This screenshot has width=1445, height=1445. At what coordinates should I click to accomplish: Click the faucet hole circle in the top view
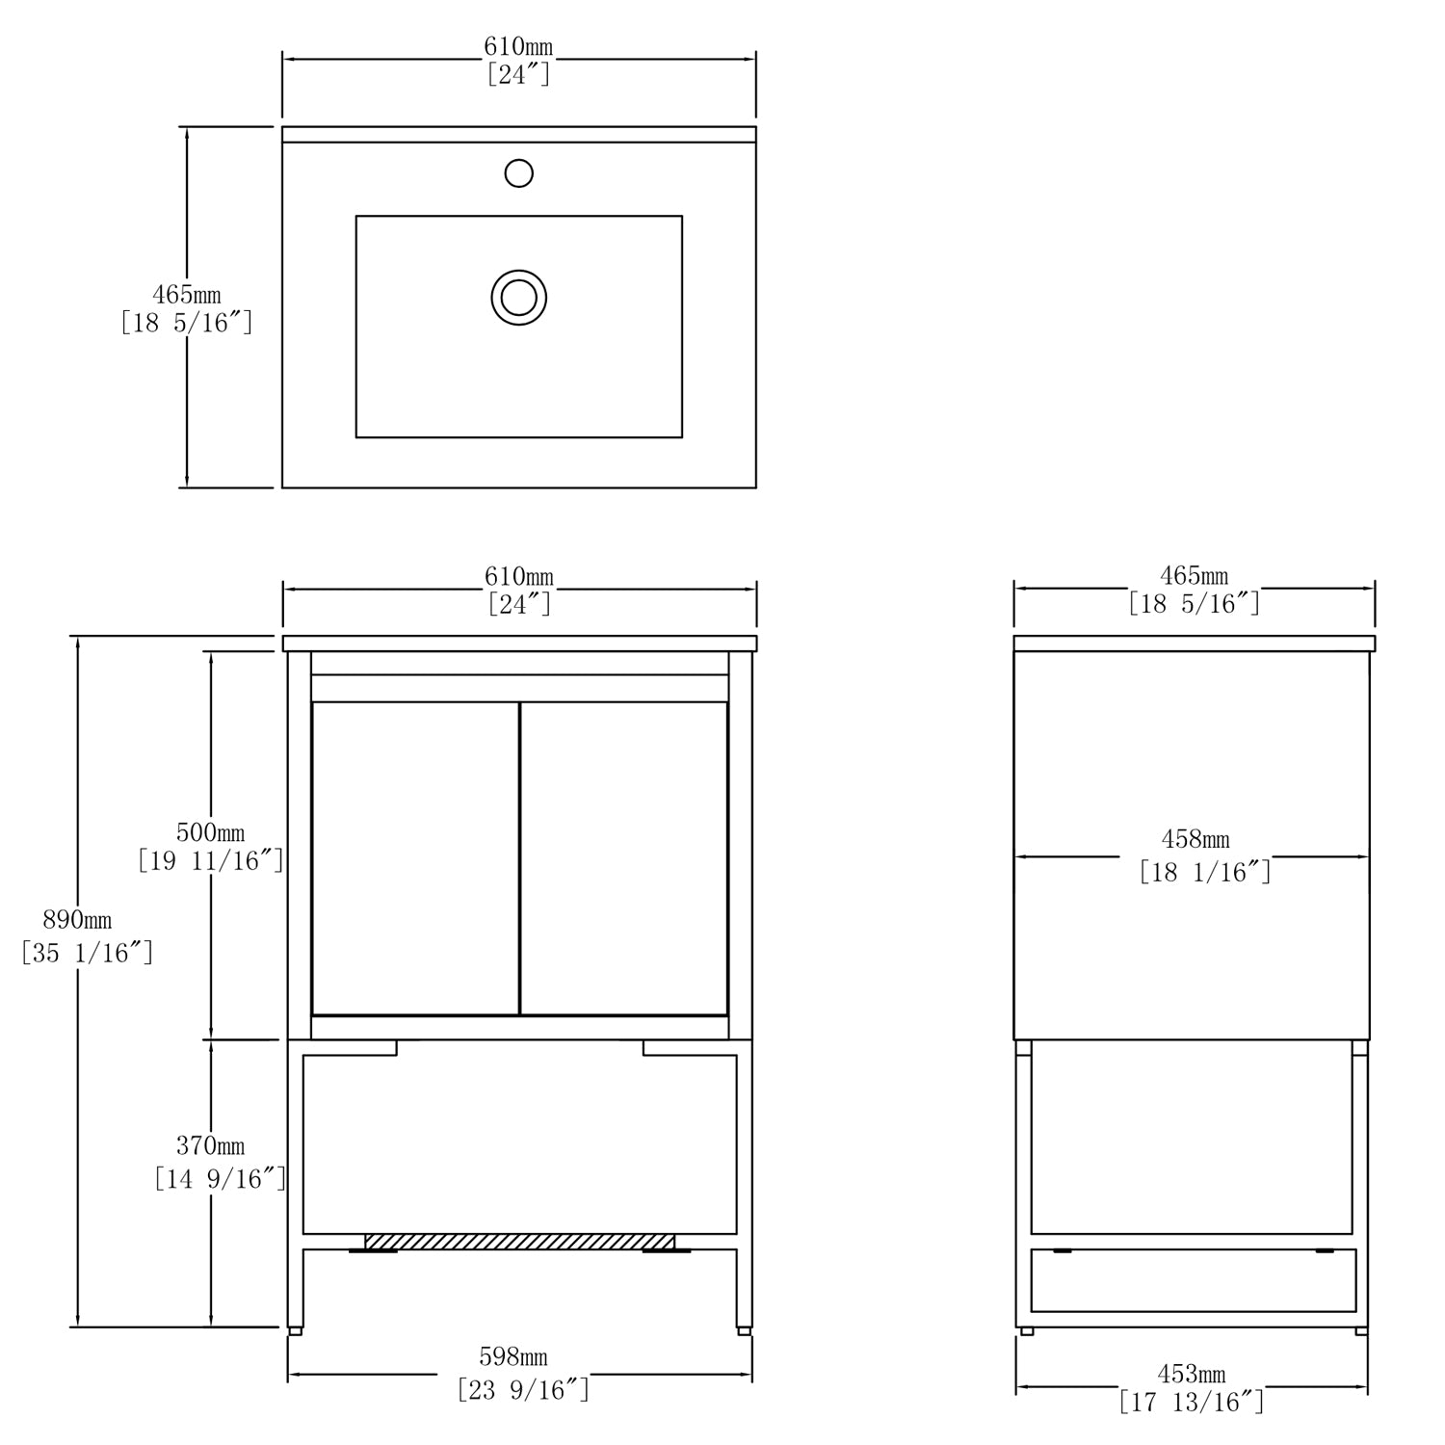pyautogui.click(x=519, y=173)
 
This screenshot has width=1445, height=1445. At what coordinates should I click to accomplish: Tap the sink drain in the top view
pyautogui.click(x=519, y=297)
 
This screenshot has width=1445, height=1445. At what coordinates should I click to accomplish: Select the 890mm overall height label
pyautogui.click(x=77, y=920)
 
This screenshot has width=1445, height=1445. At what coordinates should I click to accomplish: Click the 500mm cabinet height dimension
pyautogui.click(x=210, y=832)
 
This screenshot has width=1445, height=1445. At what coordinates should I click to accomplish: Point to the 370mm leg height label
pyautogui.click(x=210, y=1146)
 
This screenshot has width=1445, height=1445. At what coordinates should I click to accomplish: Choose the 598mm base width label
pyautogui.click(x=513, y=1357)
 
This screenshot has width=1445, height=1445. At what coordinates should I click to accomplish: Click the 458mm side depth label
pyautogui.click(x=1195, y=840)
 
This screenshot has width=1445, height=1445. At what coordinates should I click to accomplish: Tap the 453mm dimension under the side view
pyautogui.click(x=1191, y=1374)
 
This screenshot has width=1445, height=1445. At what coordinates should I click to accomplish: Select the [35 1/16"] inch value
pyautogui.click(x=88, y=954)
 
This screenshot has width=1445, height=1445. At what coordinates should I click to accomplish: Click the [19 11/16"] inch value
pyautogui.click(x=211, y=861)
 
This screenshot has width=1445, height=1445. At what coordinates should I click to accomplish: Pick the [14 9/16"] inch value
pyautogui.click(x=221, y=1178)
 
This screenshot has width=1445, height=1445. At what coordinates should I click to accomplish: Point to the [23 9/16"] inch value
pyautogui.click(x=523, y=1390)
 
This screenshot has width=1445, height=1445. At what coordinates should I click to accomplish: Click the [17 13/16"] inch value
pyautogui.click(x=1192, y=1403)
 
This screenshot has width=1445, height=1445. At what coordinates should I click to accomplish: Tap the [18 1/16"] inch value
pyautogui.click(x=1205, y=873)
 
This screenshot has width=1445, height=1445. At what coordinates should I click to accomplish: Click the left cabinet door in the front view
pyautogui.click(x=415, y=858)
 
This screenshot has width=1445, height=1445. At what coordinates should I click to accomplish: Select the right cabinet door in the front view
pyautogui.click(x=624, y=858)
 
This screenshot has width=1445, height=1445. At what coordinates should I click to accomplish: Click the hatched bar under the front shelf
pyautogui.click(x=519, y=1242)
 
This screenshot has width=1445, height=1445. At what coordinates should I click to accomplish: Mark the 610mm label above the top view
pyautogui.click(x=518, y=46)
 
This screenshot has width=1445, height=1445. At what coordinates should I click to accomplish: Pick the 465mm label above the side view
pyautogui.click(x=1195, y=576)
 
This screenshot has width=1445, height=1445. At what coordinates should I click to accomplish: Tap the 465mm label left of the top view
pyautogui.click(x=187, y=295)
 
